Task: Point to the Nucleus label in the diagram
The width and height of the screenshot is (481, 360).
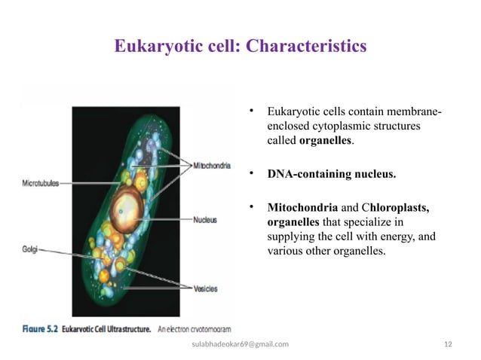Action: (205, 220)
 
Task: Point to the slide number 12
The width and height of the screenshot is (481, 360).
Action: (448, 344)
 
